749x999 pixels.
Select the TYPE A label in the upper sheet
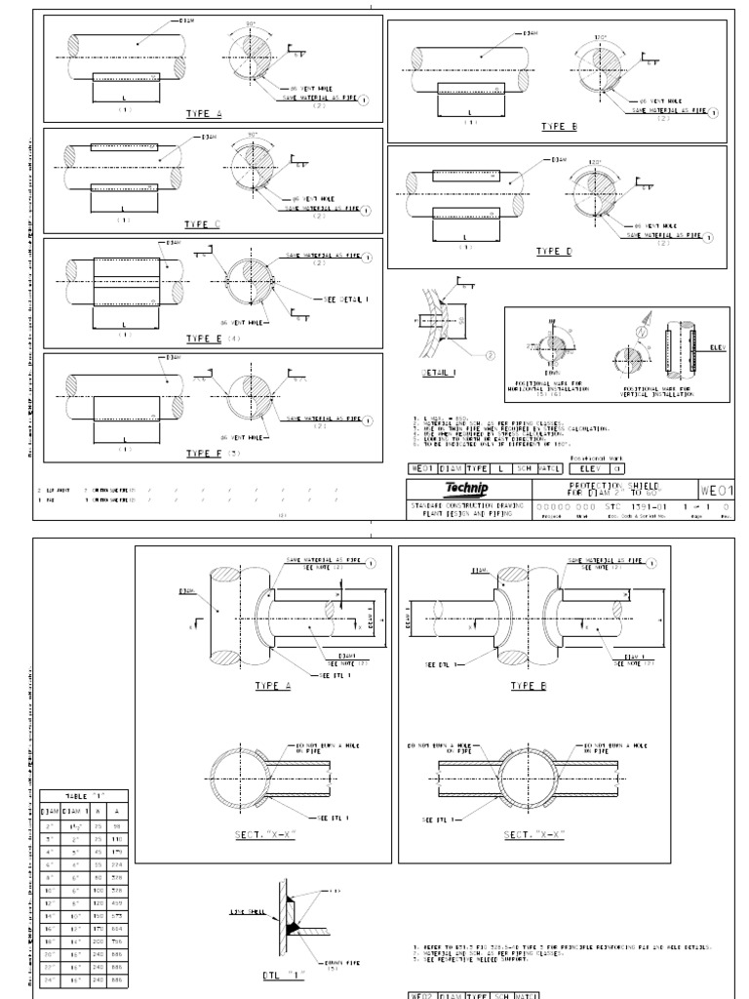[204, 114]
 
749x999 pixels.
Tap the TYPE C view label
[204, 225]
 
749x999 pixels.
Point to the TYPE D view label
[552, 251]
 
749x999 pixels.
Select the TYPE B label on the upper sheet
[559, 127]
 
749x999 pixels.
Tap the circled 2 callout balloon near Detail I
[492, 355]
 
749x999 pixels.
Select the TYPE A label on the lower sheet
[273, 687]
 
